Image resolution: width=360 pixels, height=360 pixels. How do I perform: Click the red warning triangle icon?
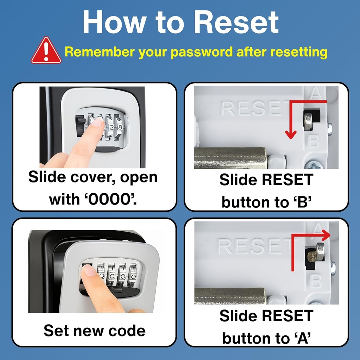[x=46, y=51]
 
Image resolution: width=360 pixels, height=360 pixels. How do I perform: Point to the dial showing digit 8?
[x=120, y=127]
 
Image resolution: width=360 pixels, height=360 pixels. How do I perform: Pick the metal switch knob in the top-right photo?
[x=308, y=121]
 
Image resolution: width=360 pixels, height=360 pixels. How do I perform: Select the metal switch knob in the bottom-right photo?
[x=319, y=252]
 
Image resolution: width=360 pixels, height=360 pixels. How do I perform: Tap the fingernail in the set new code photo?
[x=89, y=271]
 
